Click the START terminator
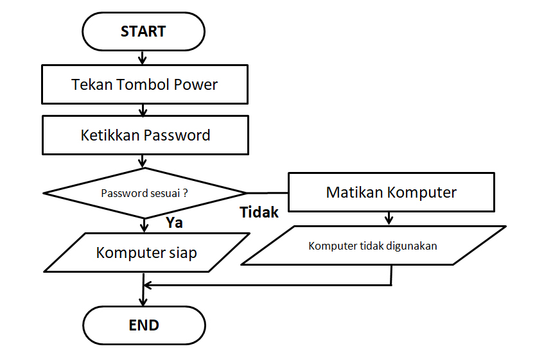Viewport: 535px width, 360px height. [x=143, y=31]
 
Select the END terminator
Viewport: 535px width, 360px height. [x=144, y=325]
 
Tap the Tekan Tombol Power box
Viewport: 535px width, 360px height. [x=145, y=85]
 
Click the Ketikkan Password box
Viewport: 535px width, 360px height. [x=145, y=135]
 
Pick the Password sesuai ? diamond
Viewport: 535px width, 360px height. [x=145, y=193]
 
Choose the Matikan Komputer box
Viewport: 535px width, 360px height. [x=391, y=192]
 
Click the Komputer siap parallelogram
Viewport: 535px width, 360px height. [x=146, y=252]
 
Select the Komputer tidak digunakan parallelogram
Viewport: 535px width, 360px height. [x=373, y=246]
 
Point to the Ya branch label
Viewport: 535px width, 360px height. [x=174, y=223]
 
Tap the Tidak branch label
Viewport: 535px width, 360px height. [x=259, y=212]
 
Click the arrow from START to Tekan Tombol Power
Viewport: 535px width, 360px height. [x=143, y=58]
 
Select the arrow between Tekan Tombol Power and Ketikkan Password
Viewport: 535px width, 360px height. [x=143, y=110]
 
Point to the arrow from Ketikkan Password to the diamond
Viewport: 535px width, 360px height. [x=143, y=161]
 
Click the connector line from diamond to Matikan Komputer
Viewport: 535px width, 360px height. [x=268, y=193]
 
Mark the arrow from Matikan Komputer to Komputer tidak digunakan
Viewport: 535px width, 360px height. [x=389, y=218]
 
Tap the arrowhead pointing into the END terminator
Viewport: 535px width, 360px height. [x=143, y=301]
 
